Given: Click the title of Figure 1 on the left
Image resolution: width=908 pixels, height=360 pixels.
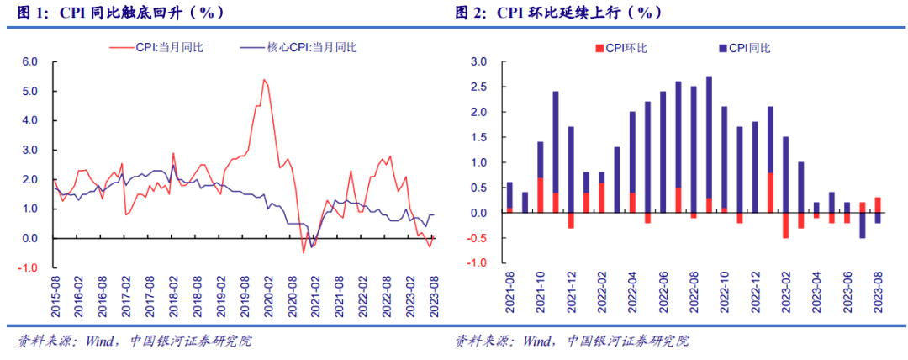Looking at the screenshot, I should pyautogui.click(x=118, y=13).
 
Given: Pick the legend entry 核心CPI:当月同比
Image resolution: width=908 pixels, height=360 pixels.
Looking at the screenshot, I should pyautogui.click(x=299, y=47).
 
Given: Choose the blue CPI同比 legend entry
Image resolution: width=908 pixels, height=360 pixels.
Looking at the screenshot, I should pyautogui.click(x=744, y=48).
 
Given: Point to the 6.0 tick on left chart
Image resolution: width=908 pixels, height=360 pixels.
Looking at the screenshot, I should pyautogui.click(x=30, y=62).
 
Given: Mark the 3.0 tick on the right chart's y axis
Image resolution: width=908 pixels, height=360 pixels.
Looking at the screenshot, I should pyautogui.click(x=478, y=62).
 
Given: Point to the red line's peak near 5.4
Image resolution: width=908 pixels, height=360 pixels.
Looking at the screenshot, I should pyautogui.click(x=264, y=80).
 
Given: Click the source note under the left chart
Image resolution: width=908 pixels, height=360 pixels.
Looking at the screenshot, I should pyautogui.click(x=135, y=341).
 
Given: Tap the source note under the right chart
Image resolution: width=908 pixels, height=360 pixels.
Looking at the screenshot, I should pyautogui.click(x=572, y=341).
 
